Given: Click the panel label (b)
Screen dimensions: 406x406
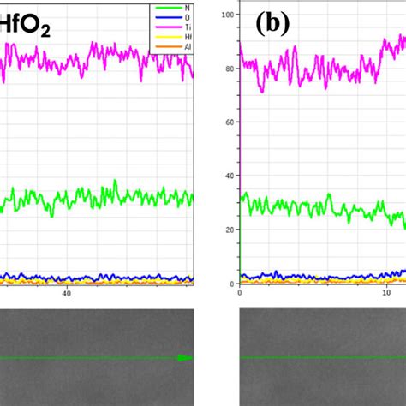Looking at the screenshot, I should coord(273,24).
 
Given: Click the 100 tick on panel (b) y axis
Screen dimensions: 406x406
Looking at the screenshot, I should coord(228,15).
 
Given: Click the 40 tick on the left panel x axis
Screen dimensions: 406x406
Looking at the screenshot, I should coord(66,293).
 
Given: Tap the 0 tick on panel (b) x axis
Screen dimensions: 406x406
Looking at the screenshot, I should coord(240,293).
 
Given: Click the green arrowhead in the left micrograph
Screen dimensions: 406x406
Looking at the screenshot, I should coord(183,358).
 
